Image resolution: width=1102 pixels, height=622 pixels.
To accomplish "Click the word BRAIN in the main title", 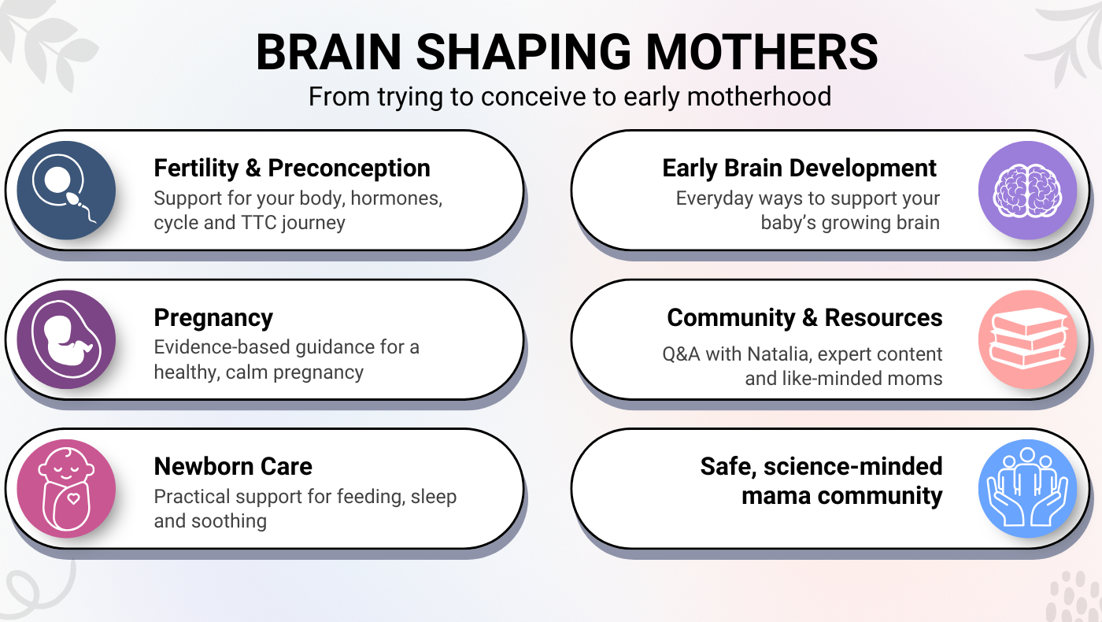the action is point(329,52).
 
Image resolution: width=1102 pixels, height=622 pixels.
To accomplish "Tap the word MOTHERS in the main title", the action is point(762,52).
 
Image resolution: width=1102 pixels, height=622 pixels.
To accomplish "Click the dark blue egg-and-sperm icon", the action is point(66,191).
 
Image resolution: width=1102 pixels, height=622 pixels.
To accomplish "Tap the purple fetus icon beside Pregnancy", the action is point(66,339).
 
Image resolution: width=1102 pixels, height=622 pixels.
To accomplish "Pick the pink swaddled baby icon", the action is point(66,489).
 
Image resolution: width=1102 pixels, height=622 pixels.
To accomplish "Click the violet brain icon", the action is point(1028,191).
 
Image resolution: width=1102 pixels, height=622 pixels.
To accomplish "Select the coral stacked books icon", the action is point(1028,339).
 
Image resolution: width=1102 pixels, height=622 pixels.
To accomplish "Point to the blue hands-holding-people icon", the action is point(1028,489).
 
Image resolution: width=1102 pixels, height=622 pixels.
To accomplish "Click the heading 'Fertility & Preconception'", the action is point(292,168).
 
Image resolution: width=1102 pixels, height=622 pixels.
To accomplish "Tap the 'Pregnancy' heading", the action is point(213,318).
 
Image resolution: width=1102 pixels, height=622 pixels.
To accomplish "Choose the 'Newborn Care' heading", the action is point(233,466).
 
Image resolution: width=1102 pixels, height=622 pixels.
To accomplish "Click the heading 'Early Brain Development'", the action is point(800,168).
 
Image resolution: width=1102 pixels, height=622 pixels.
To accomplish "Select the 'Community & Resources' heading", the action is point(804,317).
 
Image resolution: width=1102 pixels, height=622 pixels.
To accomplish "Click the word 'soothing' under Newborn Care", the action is point(229,521).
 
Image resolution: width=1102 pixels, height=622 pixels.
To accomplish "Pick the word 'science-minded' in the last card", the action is point(853,466).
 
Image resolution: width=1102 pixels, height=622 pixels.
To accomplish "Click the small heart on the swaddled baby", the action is point(73,499).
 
